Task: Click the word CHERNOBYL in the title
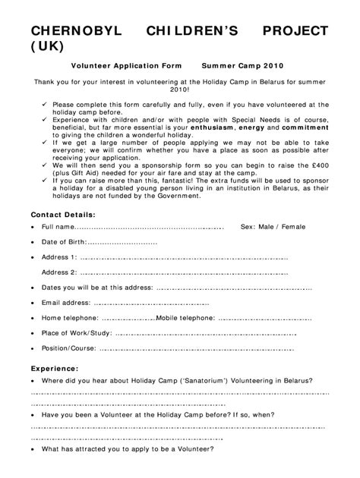[72, 30]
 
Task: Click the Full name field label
[58, 227]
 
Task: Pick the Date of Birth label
[64, 242]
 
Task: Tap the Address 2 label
[59, 272]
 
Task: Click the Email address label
[65, 303]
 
